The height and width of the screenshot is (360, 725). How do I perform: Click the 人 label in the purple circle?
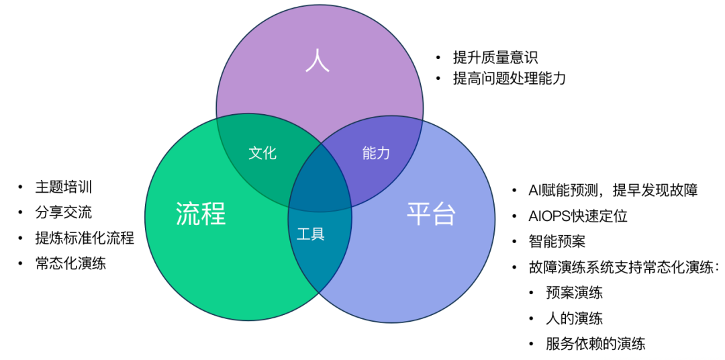[x=318, y=60]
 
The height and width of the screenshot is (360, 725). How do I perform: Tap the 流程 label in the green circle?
[x=201, y=214]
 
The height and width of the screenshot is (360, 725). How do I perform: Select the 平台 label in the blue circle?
[x=431, y=214]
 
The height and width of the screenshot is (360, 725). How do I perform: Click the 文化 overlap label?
[x=262, y=153]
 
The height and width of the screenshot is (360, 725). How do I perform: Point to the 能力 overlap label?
[x=376, y=153]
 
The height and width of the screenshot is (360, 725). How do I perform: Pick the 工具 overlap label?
[x=310, y=234]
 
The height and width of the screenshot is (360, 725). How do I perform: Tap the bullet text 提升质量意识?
[x=495, y=58]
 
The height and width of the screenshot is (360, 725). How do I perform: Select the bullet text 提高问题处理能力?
[x=510, y=79]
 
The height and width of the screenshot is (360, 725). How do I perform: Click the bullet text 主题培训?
[x=64, y=187]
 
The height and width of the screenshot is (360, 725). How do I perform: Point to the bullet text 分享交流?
[x=64, y=212]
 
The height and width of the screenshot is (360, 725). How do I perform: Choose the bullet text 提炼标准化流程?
[x=85, y=238]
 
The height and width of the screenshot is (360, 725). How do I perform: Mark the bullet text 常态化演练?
[x=70, y=263]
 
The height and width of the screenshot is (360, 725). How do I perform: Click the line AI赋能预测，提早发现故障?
[x=613, y=190]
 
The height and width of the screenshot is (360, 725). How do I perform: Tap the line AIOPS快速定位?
[x=578, y=216]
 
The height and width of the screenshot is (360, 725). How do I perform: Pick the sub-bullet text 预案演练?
[x=574, y=293]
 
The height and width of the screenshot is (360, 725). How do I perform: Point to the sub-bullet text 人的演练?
[x=574, y=318]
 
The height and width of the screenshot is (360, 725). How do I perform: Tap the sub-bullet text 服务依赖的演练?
[x=595, y=344]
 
